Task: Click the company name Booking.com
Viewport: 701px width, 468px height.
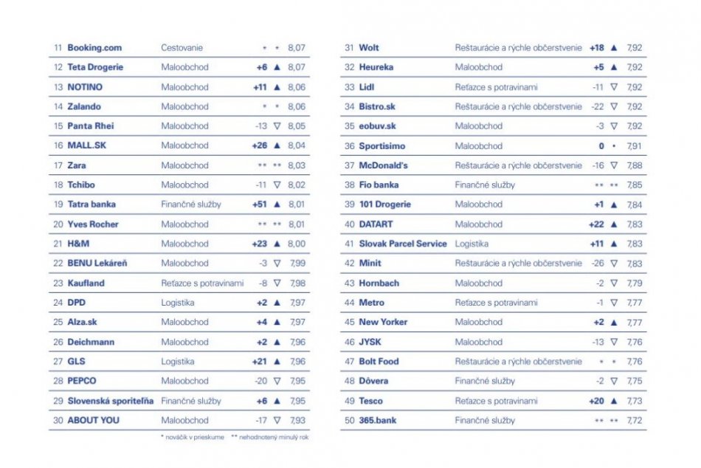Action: [x=94, y=48]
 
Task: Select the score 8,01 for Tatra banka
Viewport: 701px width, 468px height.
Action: [x=296, y=204]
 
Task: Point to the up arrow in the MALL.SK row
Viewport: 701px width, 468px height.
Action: [x=277, y=145]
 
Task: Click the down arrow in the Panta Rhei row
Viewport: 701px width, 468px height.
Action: [x=277, y=126]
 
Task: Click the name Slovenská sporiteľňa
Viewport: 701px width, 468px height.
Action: [x=111, y=401]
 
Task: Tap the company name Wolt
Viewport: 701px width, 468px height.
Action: [x=369, y=48]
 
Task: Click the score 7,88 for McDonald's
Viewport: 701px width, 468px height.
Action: [x=634, y=165]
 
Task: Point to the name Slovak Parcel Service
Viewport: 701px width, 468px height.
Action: [x=403, y=244]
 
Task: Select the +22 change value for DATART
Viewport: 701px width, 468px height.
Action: [x=596, y=224]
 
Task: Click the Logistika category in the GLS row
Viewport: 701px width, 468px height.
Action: [x=178, y=362]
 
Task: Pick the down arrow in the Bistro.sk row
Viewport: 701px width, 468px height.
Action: [x=614, y=106]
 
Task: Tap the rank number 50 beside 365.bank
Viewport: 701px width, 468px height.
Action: [x=350, y=420]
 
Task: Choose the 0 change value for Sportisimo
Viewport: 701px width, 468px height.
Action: [x=601, y=146]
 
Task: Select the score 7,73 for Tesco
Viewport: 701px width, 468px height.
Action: [x=634, y=401]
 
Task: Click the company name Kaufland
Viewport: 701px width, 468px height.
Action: [x=86, y=283]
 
